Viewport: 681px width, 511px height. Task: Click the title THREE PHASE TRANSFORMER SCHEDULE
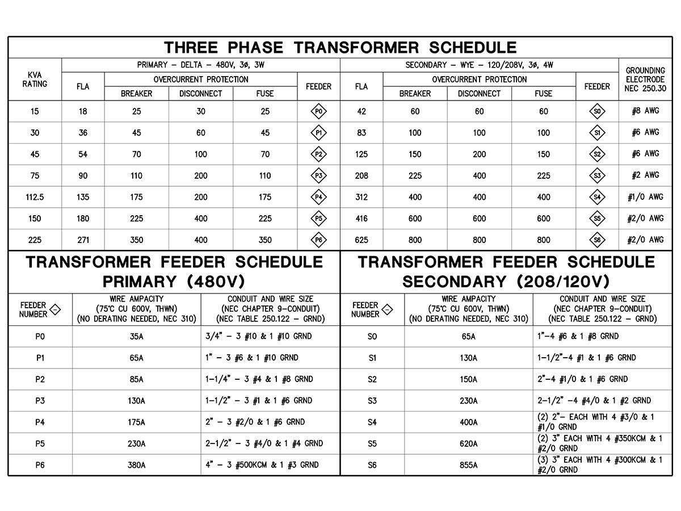point(340,47)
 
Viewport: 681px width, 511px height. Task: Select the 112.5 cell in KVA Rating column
point(35,197)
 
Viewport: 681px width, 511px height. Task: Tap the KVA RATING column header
point(35,79)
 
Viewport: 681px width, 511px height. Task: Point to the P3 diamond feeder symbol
point(319,175)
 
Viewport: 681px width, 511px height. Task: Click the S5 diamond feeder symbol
point(597,219)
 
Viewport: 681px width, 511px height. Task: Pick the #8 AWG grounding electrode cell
point(645,111)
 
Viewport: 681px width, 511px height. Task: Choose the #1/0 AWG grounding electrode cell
point(645,197)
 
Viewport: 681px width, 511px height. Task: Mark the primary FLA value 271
point(83,240)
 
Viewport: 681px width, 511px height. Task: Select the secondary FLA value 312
point(361,197)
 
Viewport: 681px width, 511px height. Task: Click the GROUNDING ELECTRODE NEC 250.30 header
point(645,79)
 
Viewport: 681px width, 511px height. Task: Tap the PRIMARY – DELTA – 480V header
point(201,65)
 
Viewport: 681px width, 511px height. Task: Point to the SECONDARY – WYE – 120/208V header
point(480,65)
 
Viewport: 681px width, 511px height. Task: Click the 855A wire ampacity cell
point(468,465)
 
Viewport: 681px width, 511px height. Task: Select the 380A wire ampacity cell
point(136,465)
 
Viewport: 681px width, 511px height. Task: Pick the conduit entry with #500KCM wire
point(262,465)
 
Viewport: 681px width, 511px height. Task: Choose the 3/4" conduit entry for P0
point(258,336)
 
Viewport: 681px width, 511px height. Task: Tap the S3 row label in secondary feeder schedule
point(372,401)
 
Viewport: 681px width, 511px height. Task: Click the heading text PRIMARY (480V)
point(174,282)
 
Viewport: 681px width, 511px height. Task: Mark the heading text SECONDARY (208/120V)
point(506,282)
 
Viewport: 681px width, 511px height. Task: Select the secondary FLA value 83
point(361,133)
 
